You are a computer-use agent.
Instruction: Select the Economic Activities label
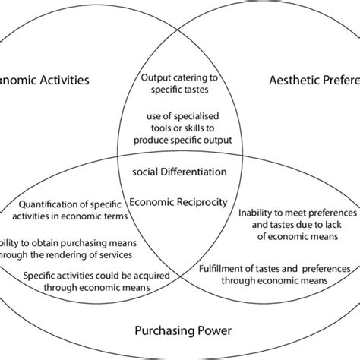click(x=46, y=79)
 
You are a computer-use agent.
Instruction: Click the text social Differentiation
click(x=179, y=172)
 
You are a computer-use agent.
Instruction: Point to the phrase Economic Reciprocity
click(x=179, y=201)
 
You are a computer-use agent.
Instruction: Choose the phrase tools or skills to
click(x=179, y=128)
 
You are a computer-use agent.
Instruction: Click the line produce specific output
click(x=179, y=140)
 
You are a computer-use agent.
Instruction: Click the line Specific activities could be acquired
click(x=85, y=276)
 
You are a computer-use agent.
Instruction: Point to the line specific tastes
click(x=180, y=88)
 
